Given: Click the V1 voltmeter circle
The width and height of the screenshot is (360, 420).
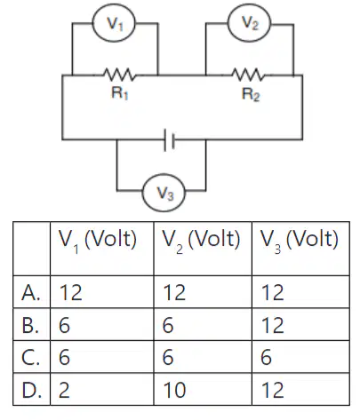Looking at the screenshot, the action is click(114, 23).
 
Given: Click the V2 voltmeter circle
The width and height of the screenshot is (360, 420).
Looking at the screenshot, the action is click(249, 23).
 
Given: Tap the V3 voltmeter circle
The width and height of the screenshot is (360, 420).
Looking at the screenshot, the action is click(164, 193).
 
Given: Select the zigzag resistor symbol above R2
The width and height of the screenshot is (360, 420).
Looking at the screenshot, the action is click(248, 75).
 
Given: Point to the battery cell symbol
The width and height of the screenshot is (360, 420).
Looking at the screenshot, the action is click(170, 139).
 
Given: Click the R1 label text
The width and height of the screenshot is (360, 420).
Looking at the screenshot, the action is click(120, 93).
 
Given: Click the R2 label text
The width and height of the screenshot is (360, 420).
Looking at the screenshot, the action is click(251, 95).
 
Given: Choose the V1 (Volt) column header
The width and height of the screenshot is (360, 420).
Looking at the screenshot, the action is click(98, 241).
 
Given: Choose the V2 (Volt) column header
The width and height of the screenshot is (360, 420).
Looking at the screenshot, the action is click(201, 241).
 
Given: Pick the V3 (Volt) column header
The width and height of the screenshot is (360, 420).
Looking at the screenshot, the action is click(300, 241).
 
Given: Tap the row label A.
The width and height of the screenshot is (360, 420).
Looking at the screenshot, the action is click(31, 293).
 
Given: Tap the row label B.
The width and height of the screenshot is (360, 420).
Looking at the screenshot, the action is click(30, 325).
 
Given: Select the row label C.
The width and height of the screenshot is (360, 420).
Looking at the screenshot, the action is click(30, 357).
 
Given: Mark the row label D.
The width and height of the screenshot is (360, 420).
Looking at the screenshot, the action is click(31, 390).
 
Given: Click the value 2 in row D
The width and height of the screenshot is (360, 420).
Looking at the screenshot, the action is click(64, 390).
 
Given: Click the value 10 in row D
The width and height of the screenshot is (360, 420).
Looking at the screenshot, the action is click(174, 390).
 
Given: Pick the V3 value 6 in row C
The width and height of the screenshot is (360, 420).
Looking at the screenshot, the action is click(266, 357).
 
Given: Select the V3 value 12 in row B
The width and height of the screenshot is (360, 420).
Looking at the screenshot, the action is click(273, 325).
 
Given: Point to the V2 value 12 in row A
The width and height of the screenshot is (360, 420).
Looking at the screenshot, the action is click(174, 293).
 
